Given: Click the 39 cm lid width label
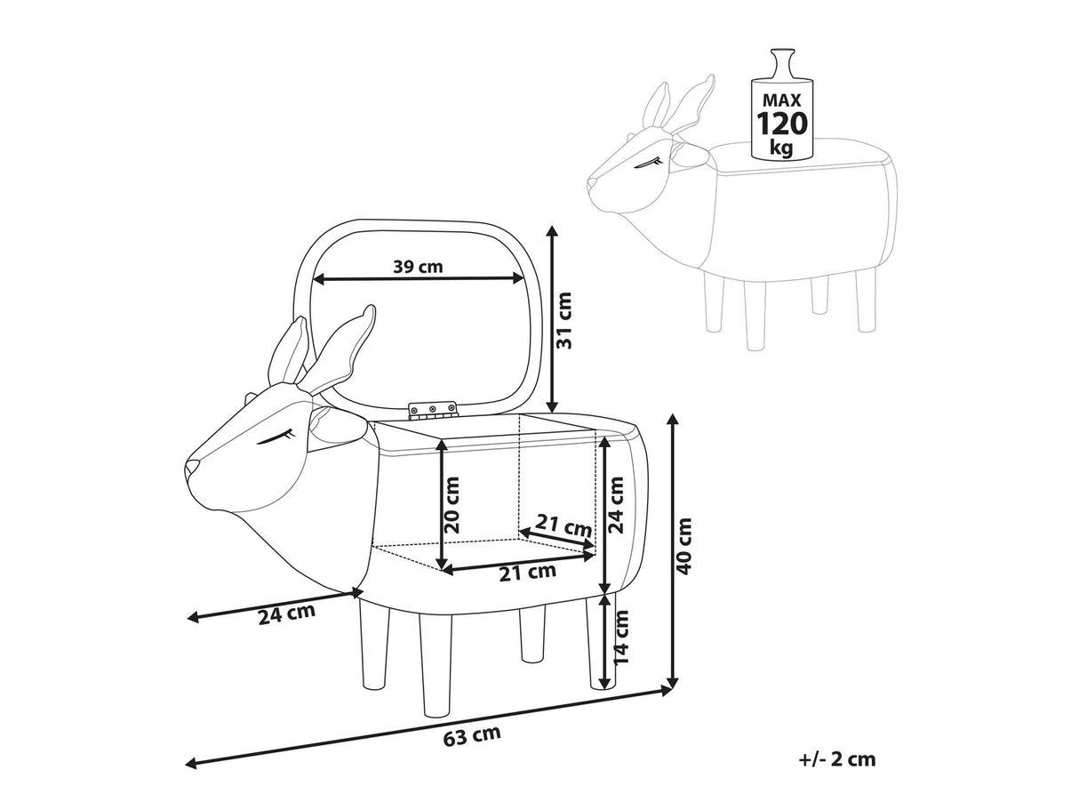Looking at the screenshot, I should tap(417, 266).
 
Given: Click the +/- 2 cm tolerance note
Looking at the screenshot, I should tap(837, 758).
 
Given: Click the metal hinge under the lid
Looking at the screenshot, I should tap(433, 410).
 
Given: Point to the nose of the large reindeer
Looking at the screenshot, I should tap(190, 466).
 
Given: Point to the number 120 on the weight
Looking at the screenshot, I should tap(783, 122).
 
